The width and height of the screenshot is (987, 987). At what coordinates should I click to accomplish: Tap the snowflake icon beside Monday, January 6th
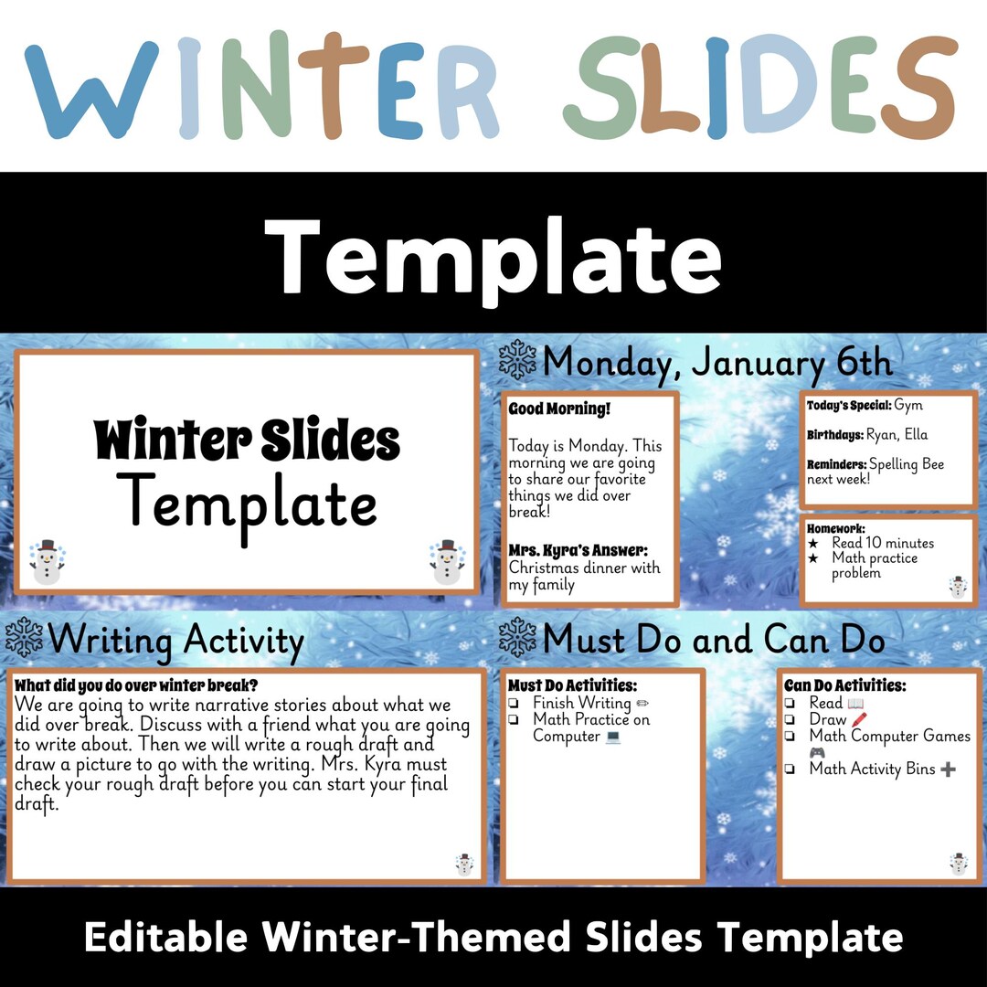pyautogui.click(x=518, y=360)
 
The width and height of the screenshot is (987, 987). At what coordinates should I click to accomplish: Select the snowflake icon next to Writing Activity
pyautogui.click(x=24, y=637)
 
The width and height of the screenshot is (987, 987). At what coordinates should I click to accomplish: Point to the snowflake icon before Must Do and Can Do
pyautogui.click(x=518, y=637)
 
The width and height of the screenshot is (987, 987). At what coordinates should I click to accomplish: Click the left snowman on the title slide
pyautogui.click(x=46, y=562)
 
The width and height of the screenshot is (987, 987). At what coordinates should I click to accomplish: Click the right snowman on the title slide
pyautogui.click(x=447, y=562)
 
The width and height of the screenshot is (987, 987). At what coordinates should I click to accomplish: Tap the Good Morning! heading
pyautogui.click(x=558, y=409)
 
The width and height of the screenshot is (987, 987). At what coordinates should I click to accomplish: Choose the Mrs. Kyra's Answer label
pyautogui.click(x=578, y=550)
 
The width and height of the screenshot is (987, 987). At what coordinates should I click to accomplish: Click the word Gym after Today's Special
pyautogui.click(x=908, y=405)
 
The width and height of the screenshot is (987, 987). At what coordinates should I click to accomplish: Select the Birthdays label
pyautogui.click(x=834, y=435)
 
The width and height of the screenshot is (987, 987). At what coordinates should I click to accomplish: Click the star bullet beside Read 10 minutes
pyautogui.click(x=812, y=543)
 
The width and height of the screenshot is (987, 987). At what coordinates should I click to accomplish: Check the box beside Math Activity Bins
pyautogui.click(x=790, y=769)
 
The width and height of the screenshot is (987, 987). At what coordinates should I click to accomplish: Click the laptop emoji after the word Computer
pyautogui.click(x=612, y=737)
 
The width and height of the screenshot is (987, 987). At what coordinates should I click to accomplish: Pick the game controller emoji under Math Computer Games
pyautogui.click(x=817, y=752)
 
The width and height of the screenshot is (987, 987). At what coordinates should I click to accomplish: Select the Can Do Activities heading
pyautogui.click(x=845, y=685)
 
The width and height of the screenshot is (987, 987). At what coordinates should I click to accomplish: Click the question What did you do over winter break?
pyautogui.click(x=137, y=685)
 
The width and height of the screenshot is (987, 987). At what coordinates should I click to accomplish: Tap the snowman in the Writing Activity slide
pyautogui.click(x=464, y=865)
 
